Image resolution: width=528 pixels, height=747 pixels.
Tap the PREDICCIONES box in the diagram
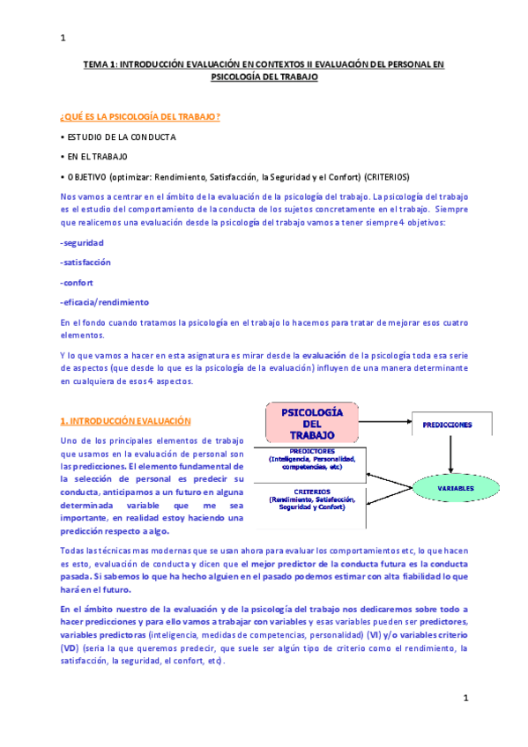coord(447,425)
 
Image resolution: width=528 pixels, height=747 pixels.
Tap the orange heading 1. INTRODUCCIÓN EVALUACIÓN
coord(124,421)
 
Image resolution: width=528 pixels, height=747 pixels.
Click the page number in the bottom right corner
coord(465,698)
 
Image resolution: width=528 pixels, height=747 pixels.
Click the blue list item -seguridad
coord(81,241)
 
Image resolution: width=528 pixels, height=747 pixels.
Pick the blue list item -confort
coord(76,282)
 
